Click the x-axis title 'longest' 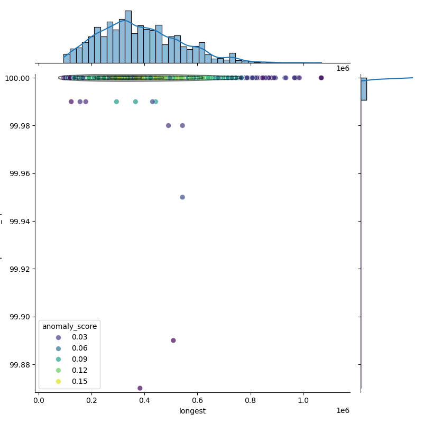[x=192, y=411]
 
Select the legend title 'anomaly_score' [x=69, y=326]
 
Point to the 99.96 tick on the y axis [x=20, y=173]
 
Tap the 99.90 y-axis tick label [x=20, y=317]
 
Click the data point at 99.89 [x=173, y=341]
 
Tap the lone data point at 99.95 [x=182, y=197]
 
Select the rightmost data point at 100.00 [x=321, y=78]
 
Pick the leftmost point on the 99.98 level [x=168, y=125]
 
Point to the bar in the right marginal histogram [x=364, y=89]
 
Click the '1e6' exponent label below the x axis [x=343, y=411]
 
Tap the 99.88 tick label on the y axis [x=20, y=365]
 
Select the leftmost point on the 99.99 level [x=71, y=102]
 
